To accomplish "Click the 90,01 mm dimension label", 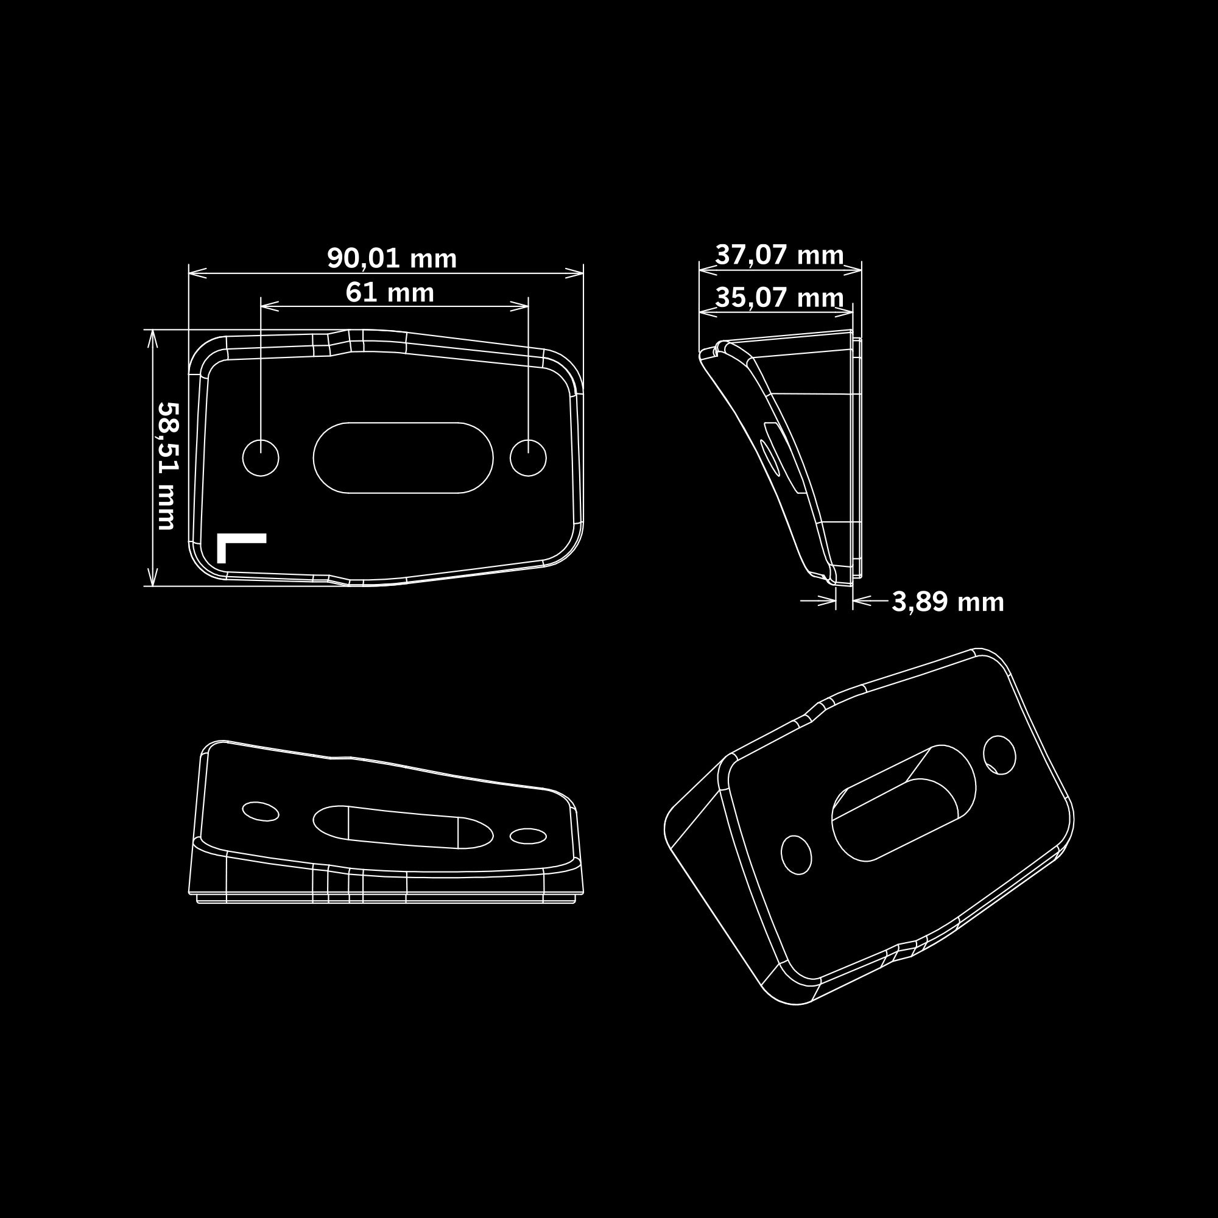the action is tap(392, 258).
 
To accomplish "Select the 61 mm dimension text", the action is tap(390, 292).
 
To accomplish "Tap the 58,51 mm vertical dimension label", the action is tap(167, 466).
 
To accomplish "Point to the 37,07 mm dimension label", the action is tap(780, 255).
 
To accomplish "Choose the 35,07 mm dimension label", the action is tap(780, 298).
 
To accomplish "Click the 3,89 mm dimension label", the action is tap(948, 602).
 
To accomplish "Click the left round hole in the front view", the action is tap(261, 458).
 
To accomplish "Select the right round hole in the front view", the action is tap(527, 458).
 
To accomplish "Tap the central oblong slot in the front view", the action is tap(404, 458).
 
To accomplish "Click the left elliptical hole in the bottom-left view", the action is tap(261, 811).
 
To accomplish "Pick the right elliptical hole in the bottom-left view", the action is tap(527, 836).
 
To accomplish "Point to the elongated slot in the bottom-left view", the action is tap(404, 826).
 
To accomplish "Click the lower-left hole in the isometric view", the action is tap(796, 855).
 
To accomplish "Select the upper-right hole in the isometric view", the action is tap(1000, 755).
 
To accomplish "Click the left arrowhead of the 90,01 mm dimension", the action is tap(197, 273).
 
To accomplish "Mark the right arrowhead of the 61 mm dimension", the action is tap(519, 306).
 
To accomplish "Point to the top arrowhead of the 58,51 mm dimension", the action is tap(151, 339).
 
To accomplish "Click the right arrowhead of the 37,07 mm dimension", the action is tap(853, 271).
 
